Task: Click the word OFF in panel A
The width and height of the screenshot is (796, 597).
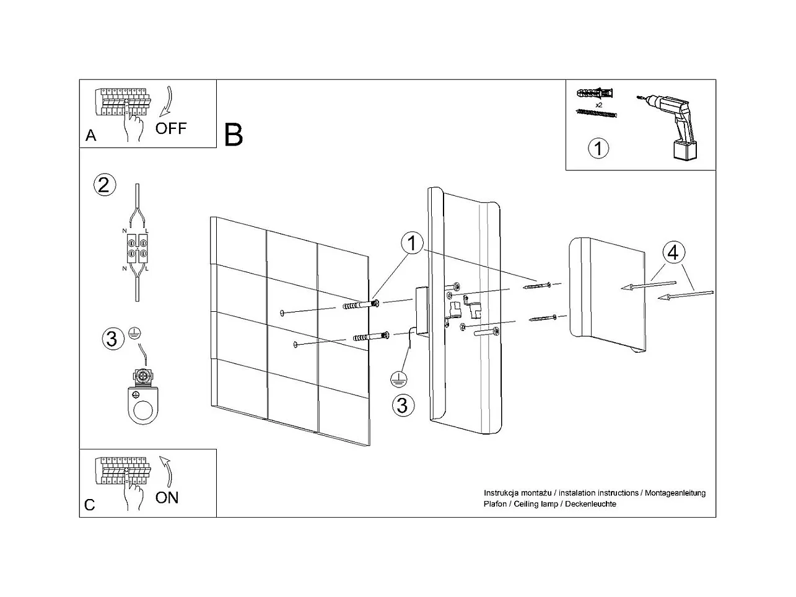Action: point(170,128)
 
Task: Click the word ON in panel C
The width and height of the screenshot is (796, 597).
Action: point(167,497)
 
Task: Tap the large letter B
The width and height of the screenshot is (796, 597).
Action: point(234,135)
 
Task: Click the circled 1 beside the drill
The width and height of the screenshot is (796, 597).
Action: point(598,149)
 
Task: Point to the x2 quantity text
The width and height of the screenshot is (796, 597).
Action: point(598,105)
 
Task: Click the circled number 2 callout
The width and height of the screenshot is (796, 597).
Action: point(104,185)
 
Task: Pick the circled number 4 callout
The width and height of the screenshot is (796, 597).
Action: point(673,253)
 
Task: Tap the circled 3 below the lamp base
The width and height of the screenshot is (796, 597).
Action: point(403,405)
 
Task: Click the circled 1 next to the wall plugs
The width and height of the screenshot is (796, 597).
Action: point(412,244)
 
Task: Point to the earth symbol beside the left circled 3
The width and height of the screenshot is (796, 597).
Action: point(133,335)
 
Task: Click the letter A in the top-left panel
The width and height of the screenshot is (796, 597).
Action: point(91,136)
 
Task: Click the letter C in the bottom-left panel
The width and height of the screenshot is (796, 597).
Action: point(90,505)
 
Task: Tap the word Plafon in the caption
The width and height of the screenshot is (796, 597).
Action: point(496,504)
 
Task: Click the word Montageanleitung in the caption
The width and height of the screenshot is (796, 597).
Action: point(675,493)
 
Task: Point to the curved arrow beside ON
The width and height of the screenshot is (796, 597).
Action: point(167,472)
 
